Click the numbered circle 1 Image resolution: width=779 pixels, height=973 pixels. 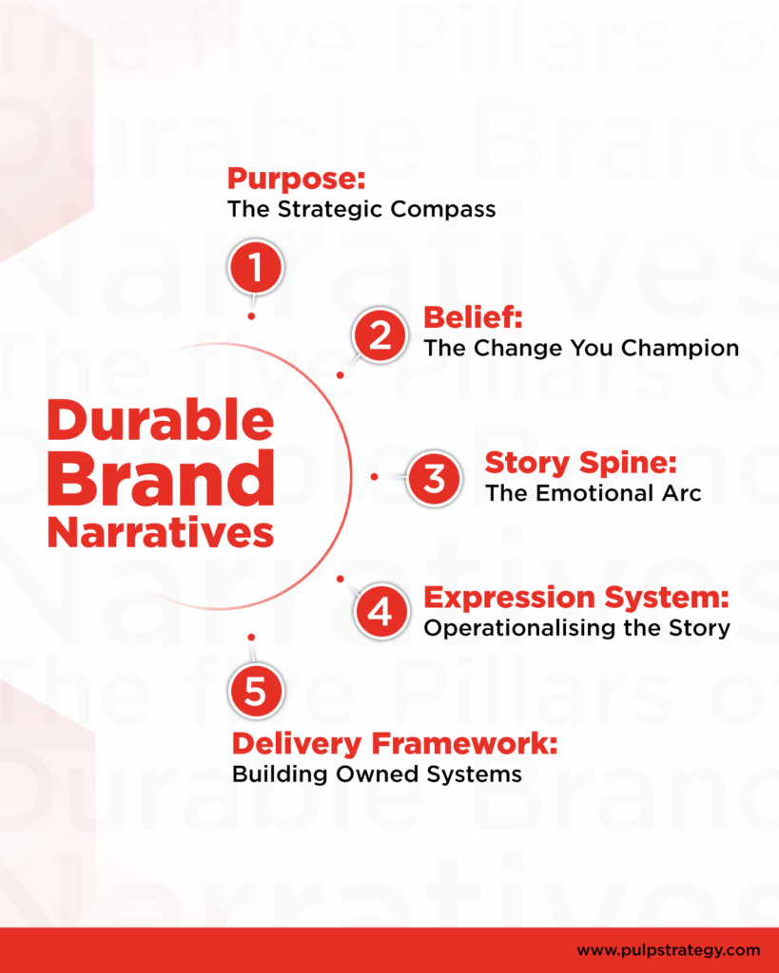pyautogui.click(x=254, y=266)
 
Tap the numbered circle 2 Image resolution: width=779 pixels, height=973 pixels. pyautogui.click(x=380, y=336)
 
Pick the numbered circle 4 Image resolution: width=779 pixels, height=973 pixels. pyautogui.click(x=380, y=611)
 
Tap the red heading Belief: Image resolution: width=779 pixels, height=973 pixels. pyautogui.click(x=473, y=316)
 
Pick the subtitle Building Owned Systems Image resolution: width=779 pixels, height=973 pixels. pyautogui.click(x=377, y=774)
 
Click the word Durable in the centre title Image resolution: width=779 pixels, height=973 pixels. pyautogui.click(x=160, y=419)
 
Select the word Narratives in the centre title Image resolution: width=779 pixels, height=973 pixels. pyautogui.click(x=160, y=532)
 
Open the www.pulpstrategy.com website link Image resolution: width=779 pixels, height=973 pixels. pyautogui.click(x=669, y=949)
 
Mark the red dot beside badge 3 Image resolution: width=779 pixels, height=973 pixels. pyautogui.click(x=375, y=476)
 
